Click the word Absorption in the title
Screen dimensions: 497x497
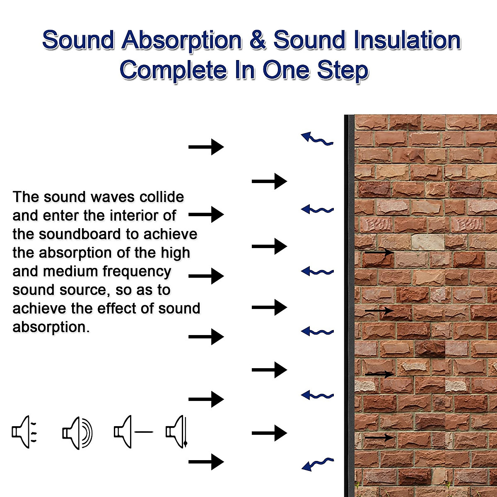pos(181,41)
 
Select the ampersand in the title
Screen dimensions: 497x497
pos(257,41)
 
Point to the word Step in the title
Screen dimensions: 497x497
pos(343,70)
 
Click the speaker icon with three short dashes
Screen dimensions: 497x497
pos(24,432)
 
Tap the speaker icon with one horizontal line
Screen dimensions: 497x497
pos(133,432)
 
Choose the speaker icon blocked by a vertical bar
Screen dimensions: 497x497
pos(177,432)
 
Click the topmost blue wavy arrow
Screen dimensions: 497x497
pos(317,139)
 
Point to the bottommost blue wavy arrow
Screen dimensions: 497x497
pos(317,464)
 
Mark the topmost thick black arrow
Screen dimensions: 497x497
pos(206,147)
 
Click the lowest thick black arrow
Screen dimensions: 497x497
pos(206,461)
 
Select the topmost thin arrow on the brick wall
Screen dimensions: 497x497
pos(379,252)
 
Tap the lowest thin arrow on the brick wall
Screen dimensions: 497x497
pos(379,437)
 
